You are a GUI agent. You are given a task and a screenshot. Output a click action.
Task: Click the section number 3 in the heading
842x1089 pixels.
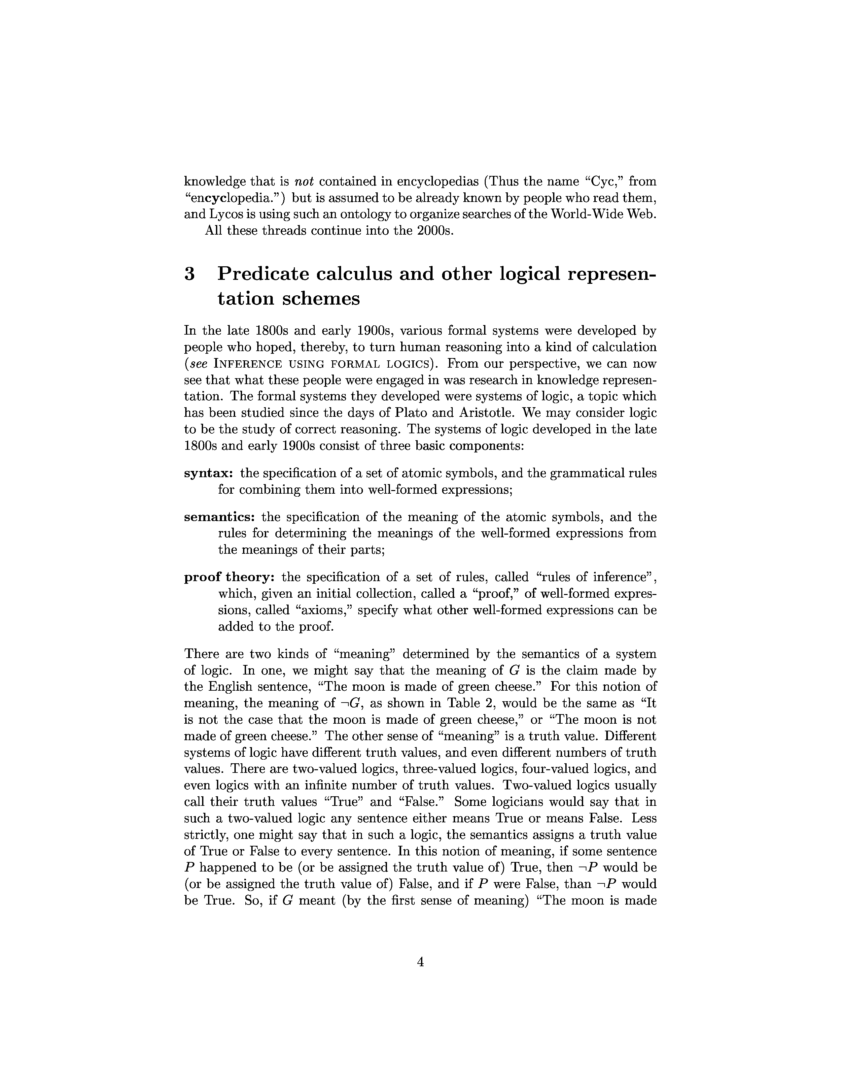pos(190,274)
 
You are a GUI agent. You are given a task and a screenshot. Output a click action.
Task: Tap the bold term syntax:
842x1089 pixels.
pos(209,473)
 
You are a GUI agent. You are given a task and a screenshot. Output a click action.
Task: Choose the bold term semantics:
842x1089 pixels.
pos(220,517)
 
